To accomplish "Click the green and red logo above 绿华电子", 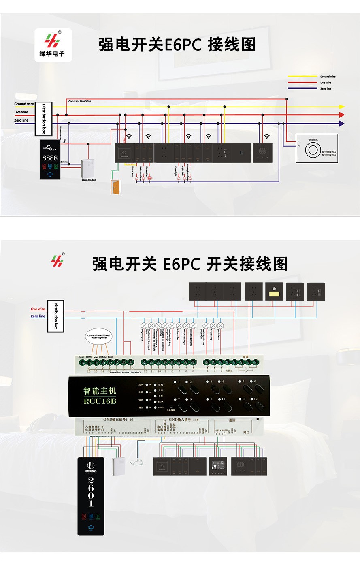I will (x=52, y=41).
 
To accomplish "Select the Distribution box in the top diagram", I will (x=44, y=119).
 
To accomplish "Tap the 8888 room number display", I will (x=50, y=158).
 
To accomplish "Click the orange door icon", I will (x=116, y=187).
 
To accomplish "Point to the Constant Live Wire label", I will (x=80, y=101).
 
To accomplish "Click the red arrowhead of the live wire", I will (x=341, y=115).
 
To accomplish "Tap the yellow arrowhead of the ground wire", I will (x=341, y=107).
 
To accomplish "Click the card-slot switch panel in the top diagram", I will (x=125, y=153).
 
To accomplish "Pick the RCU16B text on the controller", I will (x=100, y=401).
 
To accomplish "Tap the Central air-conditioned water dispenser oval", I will (x=99, y=336).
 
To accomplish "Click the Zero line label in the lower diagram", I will (x=38, y=316).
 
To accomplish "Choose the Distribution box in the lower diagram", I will (x=56, y=316).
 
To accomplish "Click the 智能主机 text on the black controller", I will (x=100, y=390).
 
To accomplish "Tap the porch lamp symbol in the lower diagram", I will (x=220, y=326).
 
